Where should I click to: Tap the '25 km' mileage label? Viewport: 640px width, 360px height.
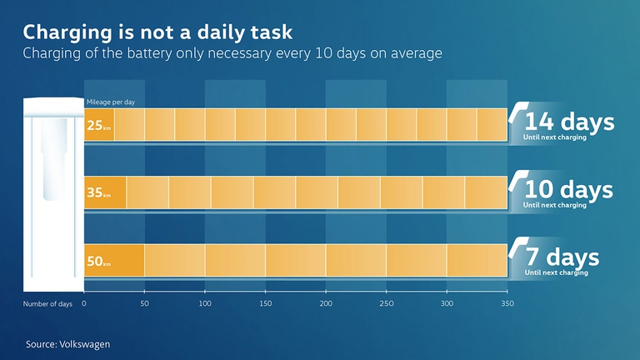coord(99,126)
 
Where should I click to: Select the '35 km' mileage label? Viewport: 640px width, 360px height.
coord(99,193)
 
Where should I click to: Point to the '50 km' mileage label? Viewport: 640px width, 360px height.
coord(99,261)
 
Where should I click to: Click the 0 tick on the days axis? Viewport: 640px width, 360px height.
coord(84,304)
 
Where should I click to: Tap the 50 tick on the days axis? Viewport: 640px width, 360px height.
coord(144,304)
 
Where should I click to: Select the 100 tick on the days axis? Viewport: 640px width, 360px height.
coord(205,304)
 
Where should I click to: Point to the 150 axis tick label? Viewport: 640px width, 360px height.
coord(265,304)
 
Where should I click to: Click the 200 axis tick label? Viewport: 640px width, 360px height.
coord(326,304)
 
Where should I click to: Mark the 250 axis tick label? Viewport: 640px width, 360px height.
coord(386,304)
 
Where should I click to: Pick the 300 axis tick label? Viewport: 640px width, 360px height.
coord(447,304)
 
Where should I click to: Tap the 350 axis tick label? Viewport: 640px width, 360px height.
coord(507,304)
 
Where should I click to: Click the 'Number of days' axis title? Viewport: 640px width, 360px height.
coord(47,304)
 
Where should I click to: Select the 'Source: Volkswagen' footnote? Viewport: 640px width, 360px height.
coord(67,342)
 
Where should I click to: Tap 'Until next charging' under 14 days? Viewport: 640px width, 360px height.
coord(554,137)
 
